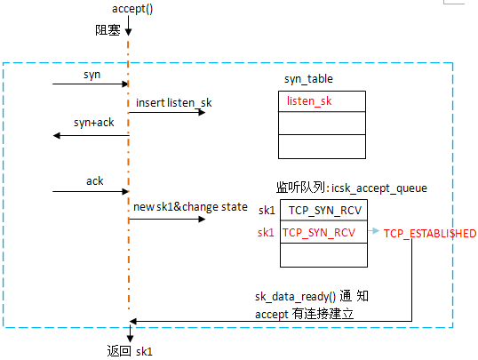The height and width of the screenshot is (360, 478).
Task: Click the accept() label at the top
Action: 132,9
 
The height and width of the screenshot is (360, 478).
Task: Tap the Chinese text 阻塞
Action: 108,30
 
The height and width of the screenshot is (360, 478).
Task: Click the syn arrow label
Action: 92,75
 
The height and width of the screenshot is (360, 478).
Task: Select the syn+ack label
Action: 93,123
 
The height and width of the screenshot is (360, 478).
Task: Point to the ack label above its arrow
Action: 95,181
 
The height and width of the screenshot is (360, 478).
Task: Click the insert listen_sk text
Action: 174,103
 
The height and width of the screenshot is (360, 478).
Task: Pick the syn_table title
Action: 308,79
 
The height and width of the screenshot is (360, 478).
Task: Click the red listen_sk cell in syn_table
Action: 322,101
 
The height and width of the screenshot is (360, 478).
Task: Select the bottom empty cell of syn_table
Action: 322,147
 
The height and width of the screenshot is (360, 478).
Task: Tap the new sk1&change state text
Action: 190,207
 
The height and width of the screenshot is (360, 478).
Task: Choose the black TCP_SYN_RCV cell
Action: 323,210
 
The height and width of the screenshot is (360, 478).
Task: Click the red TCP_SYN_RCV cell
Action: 323,232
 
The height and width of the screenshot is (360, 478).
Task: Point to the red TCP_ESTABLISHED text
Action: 430,234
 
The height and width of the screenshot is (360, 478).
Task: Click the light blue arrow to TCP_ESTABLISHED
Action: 374,231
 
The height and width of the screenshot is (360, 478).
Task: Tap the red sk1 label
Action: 266,233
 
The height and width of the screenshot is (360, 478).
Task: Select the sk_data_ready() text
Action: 295,296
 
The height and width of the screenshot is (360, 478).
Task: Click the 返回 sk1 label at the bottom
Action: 130,351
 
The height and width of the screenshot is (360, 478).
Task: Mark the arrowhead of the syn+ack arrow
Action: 57,135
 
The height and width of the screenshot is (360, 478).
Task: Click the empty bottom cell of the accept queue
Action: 323,255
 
